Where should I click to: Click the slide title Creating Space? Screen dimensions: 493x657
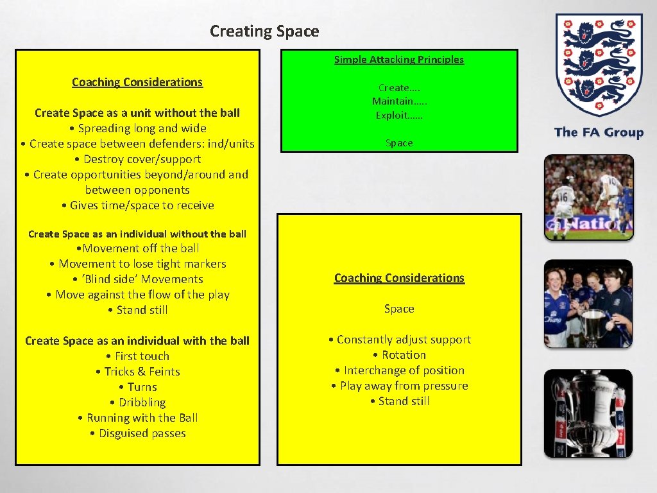point(264,31)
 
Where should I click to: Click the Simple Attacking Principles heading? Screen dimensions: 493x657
point(398,60)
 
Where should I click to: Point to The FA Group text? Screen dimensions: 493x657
point(599,133)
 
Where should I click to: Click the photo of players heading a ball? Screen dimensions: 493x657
point(588,197)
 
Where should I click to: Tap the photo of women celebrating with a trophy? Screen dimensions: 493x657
point(588,304)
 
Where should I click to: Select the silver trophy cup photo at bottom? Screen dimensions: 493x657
point(588,413)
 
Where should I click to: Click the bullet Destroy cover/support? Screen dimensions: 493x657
point(137,159)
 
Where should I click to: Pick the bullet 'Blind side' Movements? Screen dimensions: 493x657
point(137,279)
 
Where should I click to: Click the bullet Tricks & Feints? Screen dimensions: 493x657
point(137,372)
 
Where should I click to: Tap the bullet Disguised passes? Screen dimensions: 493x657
point(137,433)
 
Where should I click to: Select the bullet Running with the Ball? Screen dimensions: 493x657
point(137,418)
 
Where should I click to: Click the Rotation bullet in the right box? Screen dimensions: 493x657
point(399,355)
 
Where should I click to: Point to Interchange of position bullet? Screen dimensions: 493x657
point(399,370)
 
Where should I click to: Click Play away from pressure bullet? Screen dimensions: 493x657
point(399,386)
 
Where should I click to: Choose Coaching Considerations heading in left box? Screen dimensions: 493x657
point(137,82)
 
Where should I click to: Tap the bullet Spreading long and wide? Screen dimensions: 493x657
point(137,128)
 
